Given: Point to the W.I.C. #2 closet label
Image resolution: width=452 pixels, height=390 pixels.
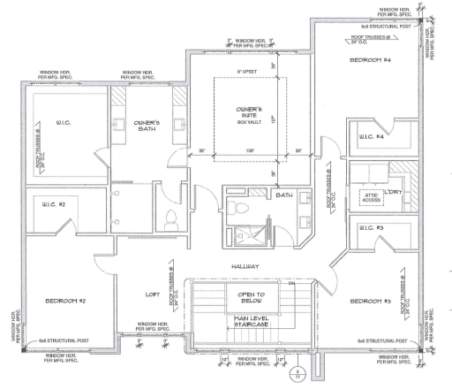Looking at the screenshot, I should [x=55, y=204].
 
